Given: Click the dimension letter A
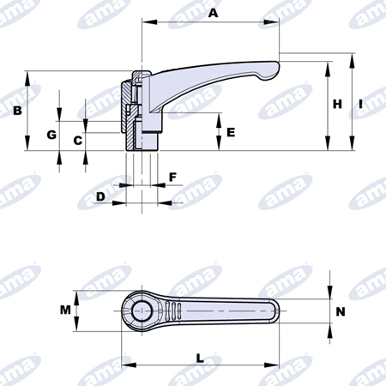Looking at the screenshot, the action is [213, 13].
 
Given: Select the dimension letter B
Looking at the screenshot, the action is [17, 111].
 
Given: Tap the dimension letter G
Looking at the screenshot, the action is [51, 135].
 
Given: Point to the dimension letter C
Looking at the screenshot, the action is [78, 141].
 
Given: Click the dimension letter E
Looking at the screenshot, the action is [231, 132].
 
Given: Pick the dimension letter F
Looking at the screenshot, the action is [172, 178].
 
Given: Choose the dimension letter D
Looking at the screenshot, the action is [100, 196].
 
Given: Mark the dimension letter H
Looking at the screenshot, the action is [337, 104].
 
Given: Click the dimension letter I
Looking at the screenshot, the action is [360, 104].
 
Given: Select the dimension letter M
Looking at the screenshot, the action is [65, 310].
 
